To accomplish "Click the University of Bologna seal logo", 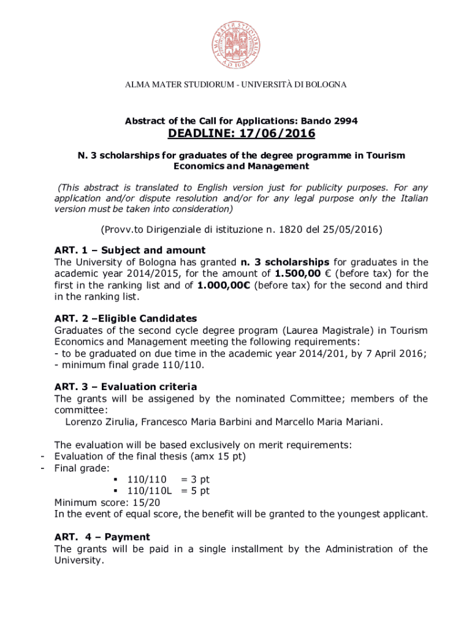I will coord(236,40).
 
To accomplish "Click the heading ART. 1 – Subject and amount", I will coord(130,250).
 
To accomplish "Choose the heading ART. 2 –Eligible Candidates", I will coord(126,318).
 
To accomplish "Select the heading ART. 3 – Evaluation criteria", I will coord(126,386).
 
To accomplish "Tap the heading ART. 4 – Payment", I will coord(102,537).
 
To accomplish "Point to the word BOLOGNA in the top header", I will coord(324,84).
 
